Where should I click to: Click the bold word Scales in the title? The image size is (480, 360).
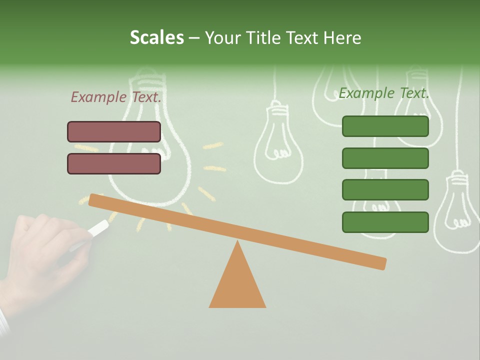pos(156,37)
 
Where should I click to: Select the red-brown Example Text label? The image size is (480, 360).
pos(115,97)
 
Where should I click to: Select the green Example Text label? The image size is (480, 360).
pos(384,93)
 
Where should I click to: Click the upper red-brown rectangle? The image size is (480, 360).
pos(114,131)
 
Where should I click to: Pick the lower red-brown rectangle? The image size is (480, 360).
pos(114,163)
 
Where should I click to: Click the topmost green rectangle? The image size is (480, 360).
pos(385,126)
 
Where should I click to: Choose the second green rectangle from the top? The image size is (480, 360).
pos(385,158)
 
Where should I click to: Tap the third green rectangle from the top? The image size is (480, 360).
pos(385,190)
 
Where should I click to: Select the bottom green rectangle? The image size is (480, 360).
pos(385,222)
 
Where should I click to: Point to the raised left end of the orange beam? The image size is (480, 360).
pos(95,200)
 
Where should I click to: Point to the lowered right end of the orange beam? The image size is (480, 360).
pos(380,263)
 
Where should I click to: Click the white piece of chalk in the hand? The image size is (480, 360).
pos(98,228)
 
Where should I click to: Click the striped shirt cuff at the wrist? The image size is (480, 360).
pos(4,322)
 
